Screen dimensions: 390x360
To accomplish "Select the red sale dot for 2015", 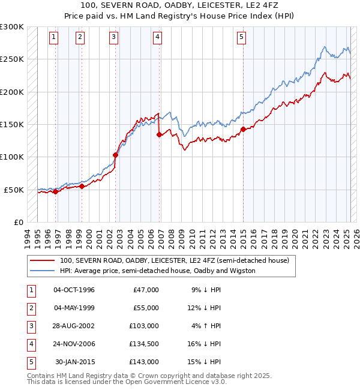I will tap(243, 129).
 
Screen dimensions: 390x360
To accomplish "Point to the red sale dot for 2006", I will tap(159, 135).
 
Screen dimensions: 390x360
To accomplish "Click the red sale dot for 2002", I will tap(115, 155).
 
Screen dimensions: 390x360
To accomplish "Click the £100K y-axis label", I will tap(12, 157).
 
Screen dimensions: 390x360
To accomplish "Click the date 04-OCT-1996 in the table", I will tap(74, 290).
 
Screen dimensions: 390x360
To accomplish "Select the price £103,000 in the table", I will tap(145, 326).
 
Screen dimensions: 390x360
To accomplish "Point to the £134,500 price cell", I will tap(145, 344).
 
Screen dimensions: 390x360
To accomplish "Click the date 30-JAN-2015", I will tap(74, 362).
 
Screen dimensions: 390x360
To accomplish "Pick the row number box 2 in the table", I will tap(31, 308).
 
